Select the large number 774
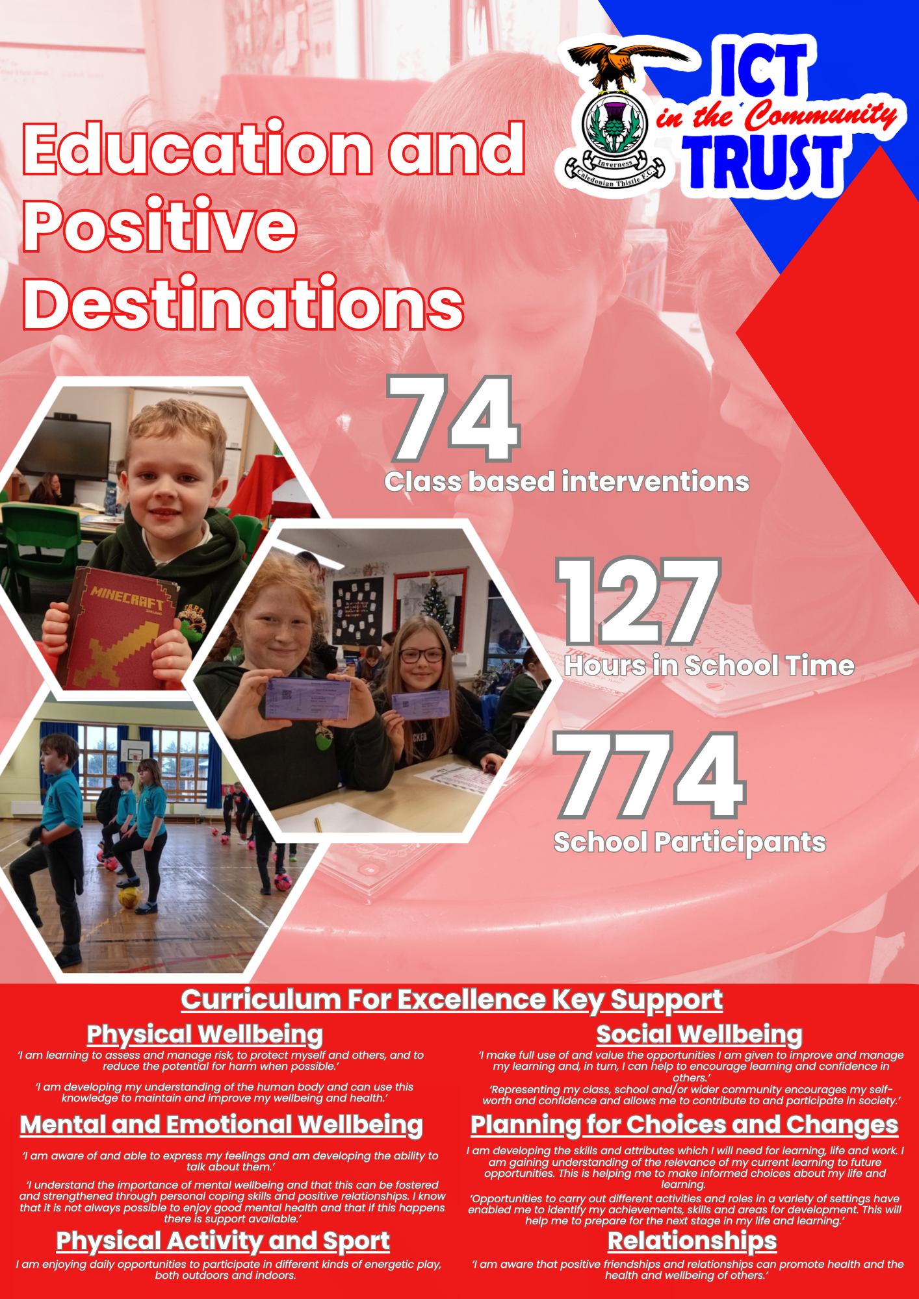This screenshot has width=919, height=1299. click(649, 775)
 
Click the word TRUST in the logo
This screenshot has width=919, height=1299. click(762, 163)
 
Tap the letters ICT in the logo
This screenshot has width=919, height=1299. click(764, 68)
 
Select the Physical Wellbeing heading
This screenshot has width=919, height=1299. click(205, 1034)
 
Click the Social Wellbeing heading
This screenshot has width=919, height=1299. click(699, 1034)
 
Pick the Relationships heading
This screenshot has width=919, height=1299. click(692, 1241)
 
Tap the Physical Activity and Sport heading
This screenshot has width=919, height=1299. click(223, 1241)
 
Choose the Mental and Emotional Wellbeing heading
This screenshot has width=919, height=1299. click(222, 1125)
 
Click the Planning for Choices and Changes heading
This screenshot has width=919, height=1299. click(684, 1125)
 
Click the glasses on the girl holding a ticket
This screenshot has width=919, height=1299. click(421, 655)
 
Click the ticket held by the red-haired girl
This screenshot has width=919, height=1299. click(307, 698)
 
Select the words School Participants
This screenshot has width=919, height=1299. click(690, 842)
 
